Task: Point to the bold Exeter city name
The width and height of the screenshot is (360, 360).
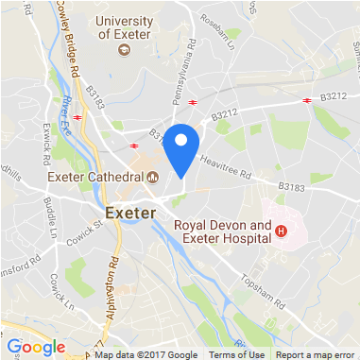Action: (129, 212)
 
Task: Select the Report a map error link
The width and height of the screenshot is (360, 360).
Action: (316, 354)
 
